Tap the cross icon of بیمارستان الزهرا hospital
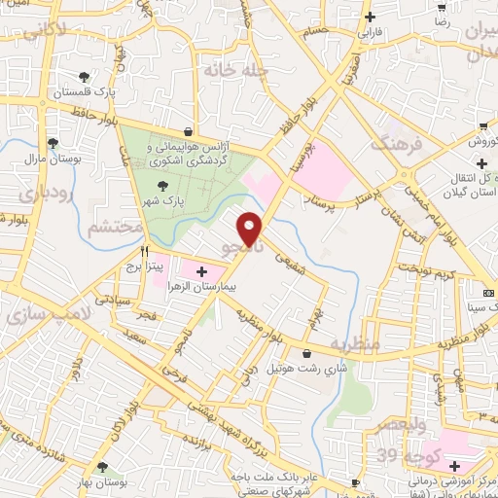click(202, 271)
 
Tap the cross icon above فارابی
click(370, 17)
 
